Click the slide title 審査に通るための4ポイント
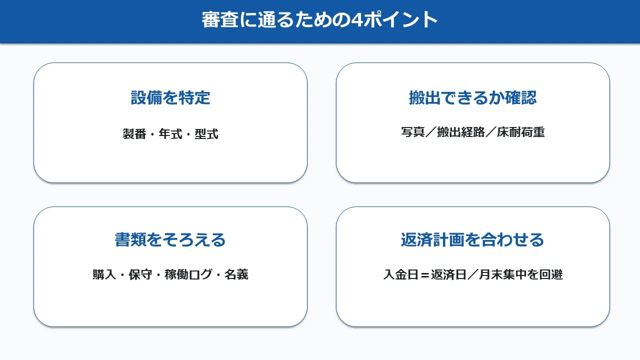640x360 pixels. click(x=319, y=19)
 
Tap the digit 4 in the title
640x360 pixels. click(x=357, y=20)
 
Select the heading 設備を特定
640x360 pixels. click(x=170, y=97)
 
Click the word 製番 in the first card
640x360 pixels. click(x=134, y=133)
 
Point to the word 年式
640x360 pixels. click(x=170, y=133)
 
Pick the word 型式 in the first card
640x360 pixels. click(x=206, y=133)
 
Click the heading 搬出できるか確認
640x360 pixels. click(x=473, y=97)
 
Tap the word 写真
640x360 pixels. click(x=413, y=132)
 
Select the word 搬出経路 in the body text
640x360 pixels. click(x=461, y=132)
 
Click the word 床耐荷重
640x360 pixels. click(x=521, y=132)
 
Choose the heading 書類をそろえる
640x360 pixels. click(x=170, y=239)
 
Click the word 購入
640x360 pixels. click(x=104, y=274)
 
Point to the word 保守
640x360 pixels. click(x=140, y=274)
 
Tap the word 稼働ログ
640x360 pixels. click(x=188, y=274)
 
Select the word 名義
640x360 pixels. click(x=236, y=274)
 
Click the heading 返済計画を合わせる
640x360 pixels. click(x=472, y=239)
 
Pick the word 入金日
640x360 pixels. click(x=401, y=274)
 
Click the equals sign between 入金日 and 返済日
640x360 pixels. click(x=425, y=275)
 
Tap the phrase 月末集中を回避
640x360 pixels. click(x=521, y=274)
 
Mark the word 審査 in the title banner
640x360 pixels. click(x=220, y=19)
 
